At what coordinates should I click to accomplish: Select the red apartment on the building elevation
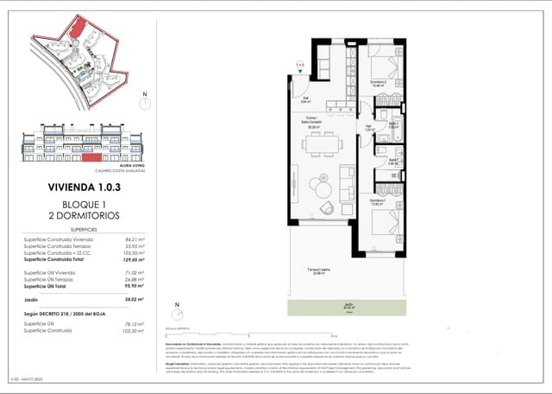(91, 158)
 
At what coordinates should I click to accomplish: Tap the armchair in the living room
(329, 207)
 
